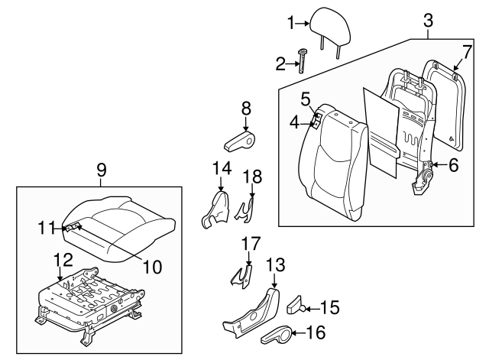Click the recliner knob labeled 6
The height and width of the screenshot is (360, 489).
pyautogui.click(x=432, y=165)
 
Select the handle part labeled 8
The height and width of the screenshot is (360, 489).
pyautogui.click(x=246, y=141)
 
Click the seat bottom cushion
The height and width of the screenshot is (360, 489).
pyautogui.click(x=122, y=225)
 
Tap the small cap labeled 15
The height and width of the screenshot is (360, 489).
pyautogui.click(x=295, y=308)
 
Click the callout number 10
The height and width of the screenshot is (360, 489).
pyautogui.click(x=153, y=267)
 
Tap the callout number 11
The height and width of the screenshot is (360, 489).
pyautogui.click(x=47, y=227)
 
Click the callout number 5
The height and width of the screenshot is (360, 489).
pyautogui.click(x=305, y=99)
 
